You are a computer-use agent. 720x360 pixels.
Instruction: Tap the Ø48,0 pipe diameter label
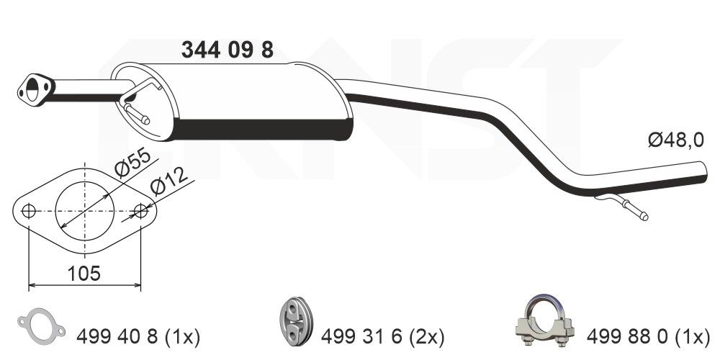(x=675, y=141)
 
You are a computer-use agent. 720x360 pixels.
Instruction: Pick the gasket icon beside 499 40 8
(x=40, y=326)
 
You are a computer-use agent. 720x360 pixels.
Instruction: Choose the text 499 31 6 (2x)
(x=384, y=336)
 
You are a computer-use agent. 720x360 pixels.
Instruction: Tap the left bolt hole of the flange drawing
(x=29, y=212)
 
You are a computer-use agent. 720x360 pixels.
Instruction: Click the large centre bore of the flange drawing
(x=85, y=212)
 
